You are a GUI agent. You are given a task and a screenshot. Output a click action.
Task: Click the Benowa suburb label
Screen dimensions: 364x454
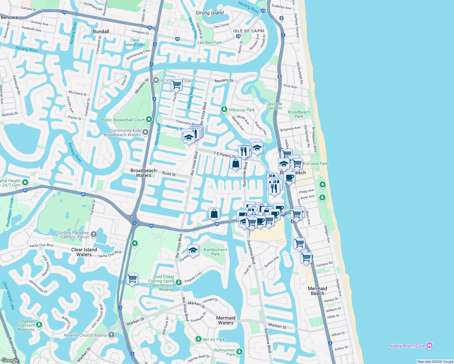(x=9, y=17)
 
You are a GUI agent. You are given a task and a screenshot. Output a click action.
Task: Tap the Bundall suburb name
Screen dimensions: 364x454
(x=101, y=32)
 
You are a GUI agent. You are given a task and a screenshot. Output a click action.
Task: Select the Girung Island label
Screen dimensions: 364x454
(x=210, y=13)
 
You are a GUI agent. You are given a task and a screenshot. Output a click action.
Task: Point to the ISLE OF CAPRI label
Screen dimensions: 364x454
(x=249, y=31)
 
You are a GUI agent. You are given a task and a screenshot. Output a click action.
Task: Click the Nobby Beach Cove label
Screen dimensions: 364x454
(x=407, y=346)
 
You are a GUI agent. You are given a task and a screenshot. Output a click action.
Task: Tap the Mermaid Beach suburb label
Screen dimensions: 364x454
(x=317, y=291)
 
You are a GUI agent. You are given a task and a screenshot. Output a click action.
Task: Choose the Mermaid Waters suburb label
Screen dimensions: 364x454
(x=226, y=320)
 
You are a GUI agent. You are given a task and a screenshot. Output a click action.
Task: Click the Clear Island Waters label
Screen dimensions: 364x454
(x=84, y=252)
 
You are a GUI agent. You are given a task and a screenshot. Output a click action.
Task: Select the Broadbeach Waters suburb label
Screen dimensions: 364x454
(x=144, y=173)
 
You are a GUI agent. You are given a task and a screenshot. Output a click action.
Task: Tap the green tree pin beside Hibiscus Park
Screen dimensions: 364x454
(x=224, y=109)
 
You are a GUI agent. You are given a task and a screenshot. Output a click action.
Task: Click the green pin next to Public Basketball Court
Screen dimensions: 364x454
(x=149, y=120)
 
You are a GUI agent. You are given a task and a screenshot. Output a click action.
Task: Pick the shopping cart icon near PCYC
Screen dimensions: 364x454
(x=176, y=85)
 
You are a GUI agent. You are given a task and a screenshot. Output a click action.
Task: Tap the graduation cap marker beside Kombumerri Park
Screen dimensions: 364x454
(x=193, y=251)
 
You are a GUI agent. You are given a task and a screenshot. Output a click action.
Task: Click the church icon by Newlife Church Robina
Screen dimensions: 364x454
(x=111, y=335)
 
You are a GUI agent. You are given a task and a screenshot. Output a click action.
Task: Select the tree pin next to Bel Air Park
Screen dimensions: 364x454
(x=198, y=339)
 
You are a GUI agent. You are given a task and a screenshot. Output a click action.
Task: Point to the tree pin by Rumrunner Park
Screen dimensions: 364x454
(x=239, y=352)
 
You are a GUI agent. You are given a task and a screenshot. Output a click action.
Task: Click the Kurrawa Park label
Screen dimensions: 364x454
(x=316, y=163)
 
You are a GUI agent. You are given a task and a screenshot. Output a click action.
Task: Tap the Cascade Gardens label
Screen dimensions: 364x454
(x=274, y=106)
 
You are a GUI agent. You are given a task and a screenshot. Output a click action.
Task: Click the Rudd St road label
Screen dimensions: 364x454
(x=169, y=174)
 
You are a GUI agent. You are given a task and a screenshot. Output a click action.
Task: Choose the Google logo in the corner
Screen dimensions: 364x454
(x=10, y=360)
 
